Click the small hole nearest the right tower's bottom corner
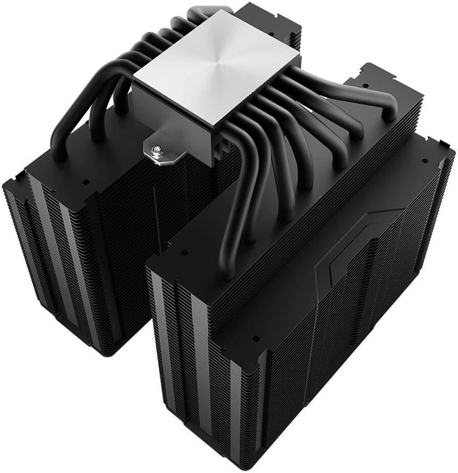(x=256, y=338)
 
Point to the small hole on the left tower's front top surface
(x=86, y=181)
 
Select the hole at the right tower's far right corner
(x=425, y=160)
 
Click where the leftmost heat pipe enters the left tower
(x=58, y=154)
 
